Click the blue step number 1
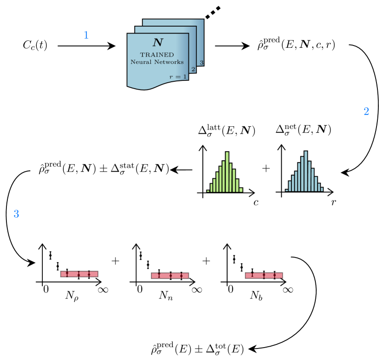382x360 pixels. tap(86, 35)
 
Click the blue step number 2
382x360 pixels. tap(366, 112)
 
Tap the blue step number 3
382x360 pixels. tap(17, 214)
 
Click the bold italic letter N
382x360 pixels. tap(158, 43)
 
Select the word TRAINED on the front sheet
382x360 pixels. tap(157, 55)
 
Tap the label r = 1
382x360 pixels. tap(178, 77)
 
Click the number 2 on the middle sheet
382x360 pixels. tap(193, 69)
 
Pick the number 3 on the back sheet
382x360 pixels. tap(201, 62)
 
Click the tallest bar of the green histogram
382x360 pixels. tap(227, 172)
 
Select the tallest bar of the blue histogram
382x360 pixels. tap(306, 171)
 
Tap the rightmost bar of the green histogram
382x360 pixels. tap(240, 190)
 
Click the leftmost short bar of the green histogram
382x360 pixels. tap(208, 191)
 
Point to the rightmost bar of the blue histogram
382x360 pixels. tap(322, 189)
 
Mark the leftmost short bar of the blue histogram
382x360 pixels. tap(287, 190)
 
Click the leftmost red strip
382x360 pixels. tap(79, 274)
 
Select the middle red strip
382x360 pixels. tap(170, 276)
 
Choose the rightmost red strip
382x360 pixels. tap(263, 276)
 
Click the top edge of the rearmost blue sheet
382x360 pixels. tap(173, 20)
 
